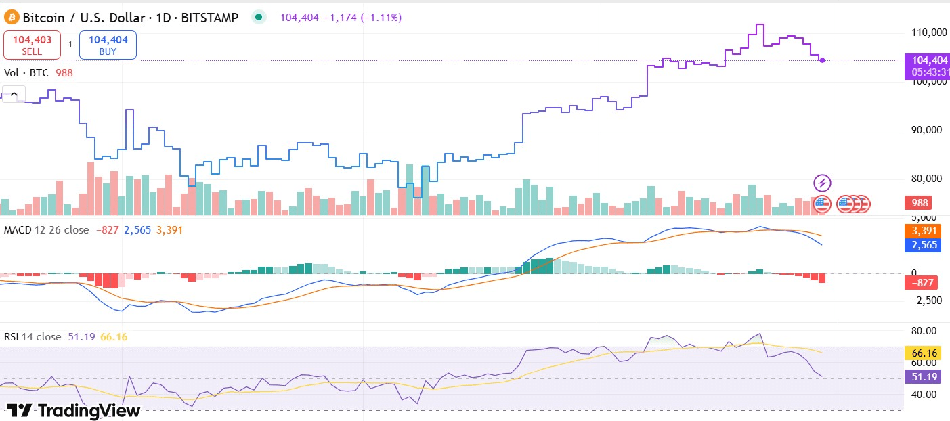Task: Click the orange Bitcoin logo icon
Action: [x=12, y=18]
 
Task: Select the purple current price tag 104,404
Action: [x=927, y=60]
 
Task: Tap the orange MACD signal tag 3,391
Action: [x=922, y=231]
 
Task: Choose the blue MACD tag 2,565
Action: [x=922, y=244]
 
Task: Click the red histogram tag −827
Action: [x=922, y=282]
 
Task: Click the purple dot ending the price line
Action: [x=822, y=60]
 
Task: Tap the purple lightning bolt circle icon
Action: [x=822, y=183]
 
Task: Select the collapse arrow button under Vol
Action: [x=14, y=93]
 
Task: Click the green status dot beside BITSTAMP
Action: [x=258, y=18]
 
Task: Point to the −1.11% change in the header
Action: [x=381, y=18]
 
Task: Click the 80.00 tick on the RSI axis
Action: [x=924, y=331]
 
